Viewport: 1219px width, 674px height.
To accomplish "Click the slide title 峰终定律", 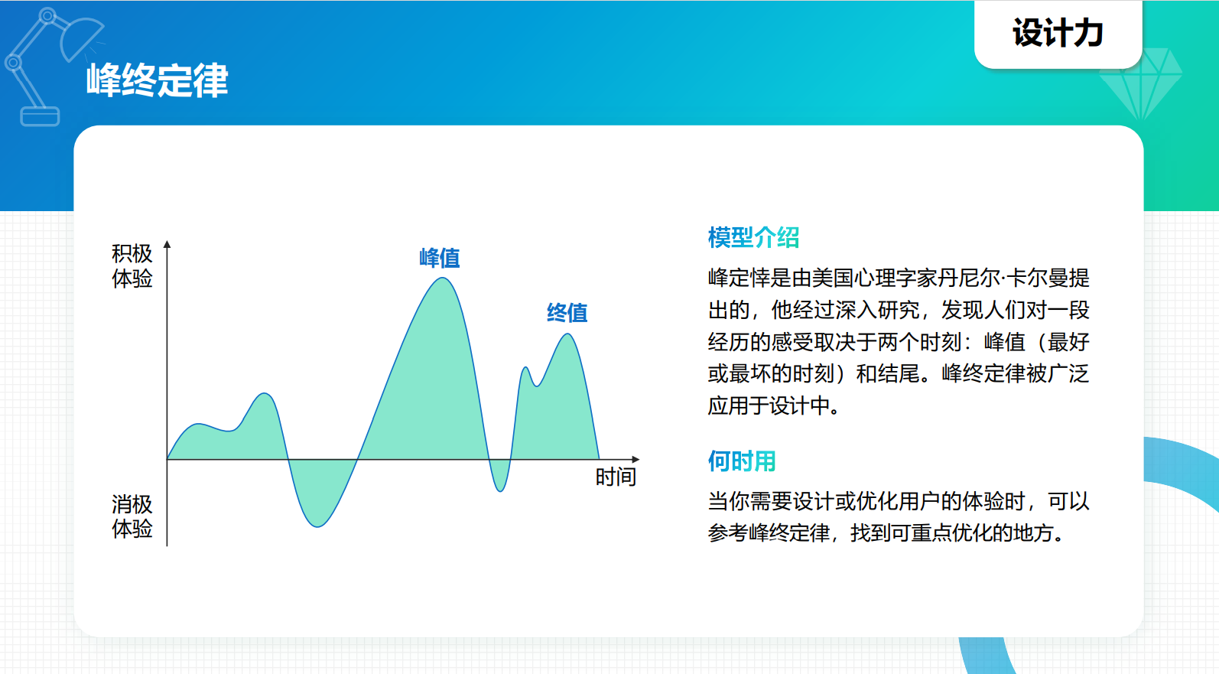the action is click(x=158, y=80).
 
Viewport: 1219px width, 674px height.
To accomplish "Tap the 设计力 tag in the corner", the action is click(x=1058, y=34).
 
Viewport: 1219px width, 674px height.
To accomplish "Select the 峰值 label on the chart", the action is click(x=440, y=258).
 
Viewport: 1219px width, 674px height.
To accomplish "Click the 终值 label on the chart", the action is click(x=567, y=312).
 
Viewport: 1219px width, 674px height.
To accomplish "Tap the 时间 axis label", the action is click(x=616, y=477).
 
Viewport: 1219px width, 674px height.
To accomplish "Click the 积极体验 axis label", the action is click(x=132, y=265).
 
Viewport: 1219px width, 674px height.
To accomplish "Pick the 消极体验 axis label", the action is click(x=132, y=516).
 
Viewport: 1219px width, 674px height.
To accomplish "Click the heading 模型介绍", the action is click(x=753, y=237).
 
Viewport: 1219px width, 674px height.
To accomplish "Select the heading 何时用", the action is click(x=742, y=461).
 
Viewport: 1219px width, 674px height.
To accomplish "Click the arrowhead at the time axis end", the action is click(x=636, y=460).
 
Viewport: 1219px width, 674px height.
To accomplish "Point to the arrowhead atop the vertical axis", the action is click(x=167, y=245).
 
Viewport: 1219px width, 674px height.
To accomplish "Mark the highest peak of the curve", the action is click(x=443, y=278).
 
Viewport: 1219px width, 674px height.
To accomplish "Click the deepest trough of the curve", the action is click(x=318, y=526).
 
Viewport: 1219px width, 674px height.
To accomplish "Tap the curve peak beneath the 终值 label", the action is click(x=567, y=334).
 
